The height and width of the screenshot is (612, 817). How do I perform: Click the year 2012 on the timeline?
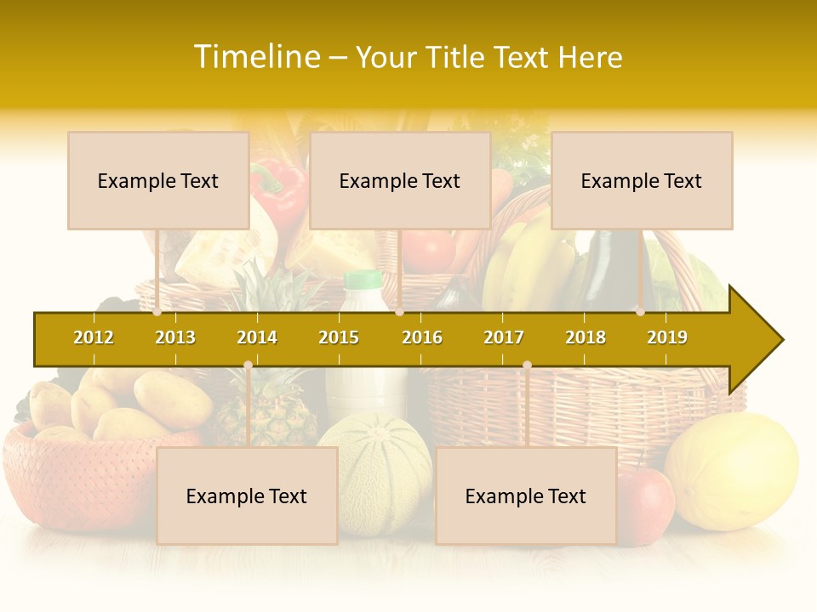point(94,337)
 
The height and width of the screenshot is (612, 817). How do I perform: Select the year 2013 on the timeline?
point(175,337)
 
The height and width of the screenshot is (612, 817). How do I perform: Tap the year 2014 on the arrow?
point(257,337)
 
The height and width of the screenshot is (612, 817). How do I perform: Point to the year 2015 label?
point(339,337)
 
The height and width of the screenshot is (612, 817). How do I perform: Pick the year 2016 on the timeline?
point(422,337)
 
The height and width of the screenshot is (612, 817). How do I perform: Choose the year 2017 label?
point(504,337)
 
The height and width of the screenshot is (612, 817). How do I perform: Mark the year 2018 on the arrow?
point(586,337)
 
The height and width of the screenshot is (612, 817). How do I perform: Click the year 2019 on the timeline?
point(667,337)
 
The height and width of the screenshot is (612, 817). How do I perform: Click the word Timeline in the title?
point(256,57)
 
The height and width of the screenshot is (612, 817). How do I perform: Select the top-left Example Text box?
point(158,180)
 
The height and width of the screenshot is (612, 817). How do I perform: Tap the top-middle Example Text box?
point(400,180)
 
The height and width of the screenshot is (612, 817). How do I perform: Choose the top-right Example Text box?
point(642,180)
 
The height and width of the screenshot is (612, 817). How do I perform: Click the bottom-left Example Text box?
point(247,496)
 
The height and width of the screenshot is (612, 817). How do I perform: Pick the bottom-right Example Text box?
point(526,496)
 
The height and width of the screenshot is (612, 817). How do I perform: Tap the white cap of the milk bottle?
point(363,279)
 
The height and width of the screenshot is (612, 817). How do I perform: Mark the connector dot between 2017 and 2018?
point(527,365)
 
